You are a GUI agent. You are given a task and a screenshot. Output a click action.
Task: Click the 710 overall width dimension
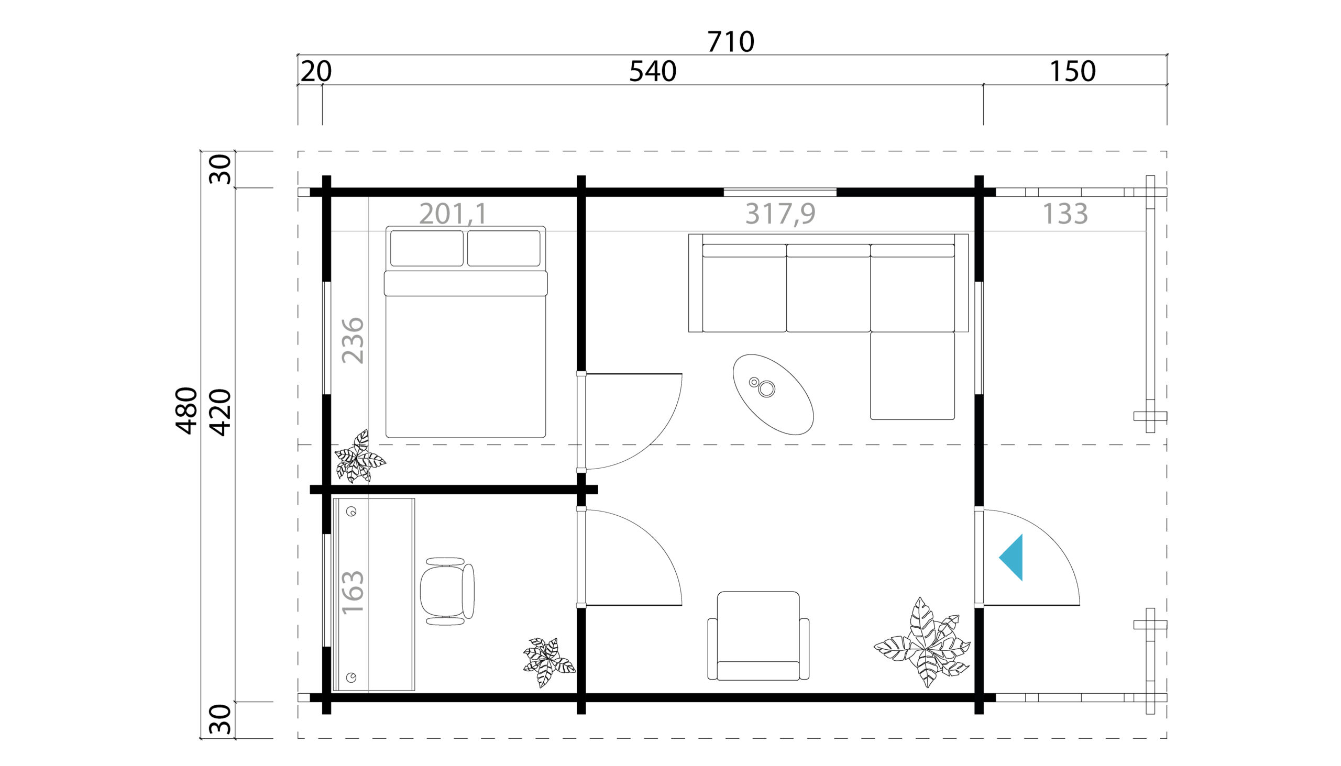tap(731, 41)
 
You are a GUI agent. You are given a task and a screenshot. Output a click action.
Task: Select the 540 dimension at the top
tap(653, 72)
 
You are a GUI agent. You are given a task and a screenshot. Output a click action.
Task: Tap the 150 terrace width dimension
tap(1073, 72)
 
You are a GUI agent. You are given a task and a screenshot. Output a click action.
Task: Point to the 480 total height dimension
tap(186, 410)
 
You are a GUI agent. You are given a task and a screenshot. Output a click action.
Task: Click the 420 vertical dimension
tap(221, 413)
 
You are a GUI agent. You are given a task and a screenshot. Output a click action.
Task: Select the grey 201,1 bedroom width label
tap(453, 214)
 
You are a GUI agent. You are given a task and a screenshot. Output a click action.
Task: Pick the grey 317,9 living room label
tap(781, 214)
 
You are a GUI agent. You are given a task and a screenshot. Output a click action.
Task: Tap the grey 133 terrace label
tap(1065, 214)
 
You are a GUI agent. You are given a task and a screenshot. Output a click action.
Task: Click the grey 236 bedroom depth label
tap(353, 340)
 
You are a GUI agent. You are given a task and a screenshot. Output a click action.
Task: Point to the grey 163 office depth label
tap(353, 592)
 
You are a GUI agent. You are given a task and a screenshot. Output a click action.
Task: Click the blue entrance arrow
tap(1012, 558)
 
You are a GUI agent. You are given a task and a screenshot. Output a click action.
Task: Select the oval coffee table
tap(773, 395)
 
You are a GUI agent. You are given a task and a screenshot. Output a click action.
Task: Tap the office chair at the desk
tap(447, 591)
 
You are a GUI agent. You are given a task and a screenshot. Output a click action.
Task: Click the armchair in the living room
tap(759, 636)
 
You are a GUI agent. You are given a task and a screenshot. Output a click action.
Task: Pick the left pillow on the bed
tap(427, 248)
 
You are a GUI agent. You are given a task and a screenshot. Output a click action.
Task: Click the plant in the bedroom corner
tap(360, 456)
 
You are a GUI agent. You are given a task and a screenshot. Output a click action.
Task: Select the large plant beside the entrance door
tap(922, 642)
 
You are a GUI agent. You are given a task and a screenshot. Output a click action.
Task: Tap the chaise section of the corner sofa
tap(913, 375)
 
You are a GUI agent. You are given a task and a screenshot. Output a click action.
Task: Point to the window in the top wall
tap(780, 192)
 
